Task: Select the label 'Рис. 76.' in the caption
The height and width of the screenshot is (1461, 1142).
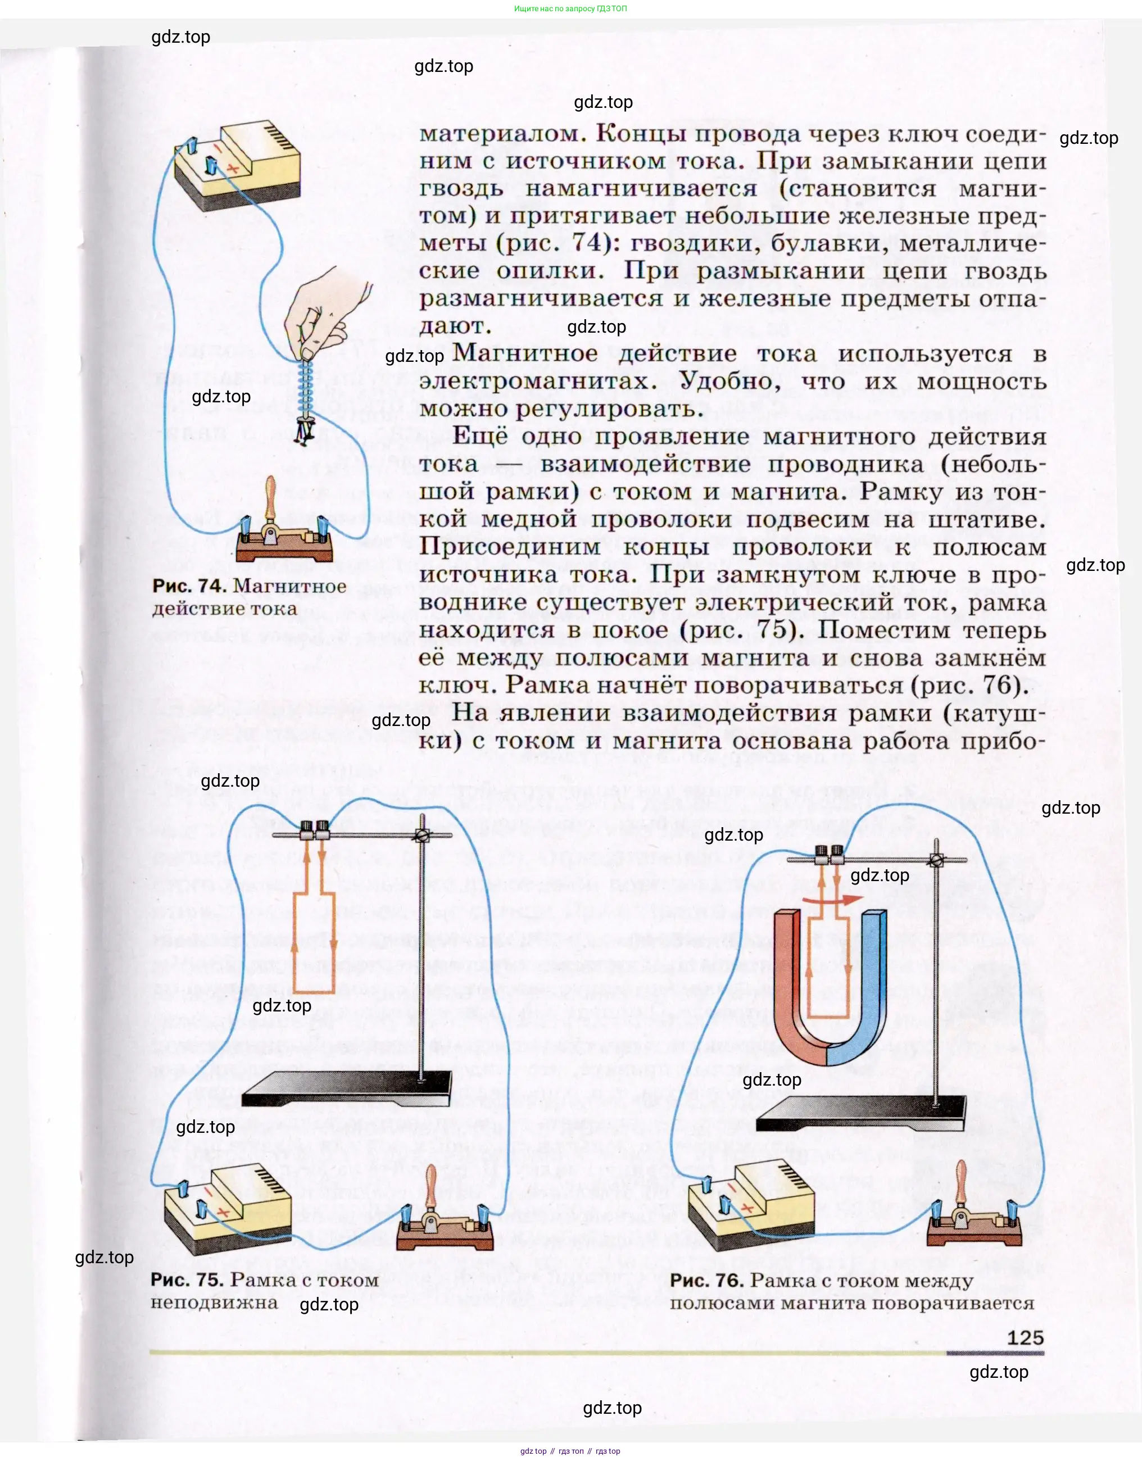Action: [x=706, y=1281]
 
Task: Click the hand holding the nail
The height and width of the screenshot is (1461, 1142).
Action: [x=321, y=308]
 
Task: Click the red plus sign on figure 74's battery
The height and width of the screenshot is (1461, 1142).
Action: [x=233, y=169]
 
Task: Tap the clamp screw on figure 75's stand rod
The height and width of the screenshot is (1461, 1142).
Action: [x=422, y=836]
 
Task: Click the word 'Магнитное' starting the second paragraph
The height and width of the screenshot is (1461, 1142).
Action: [x=525, y=353]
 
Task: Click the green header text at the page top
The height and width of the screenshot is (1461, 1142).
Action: [x=570, y=8]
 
